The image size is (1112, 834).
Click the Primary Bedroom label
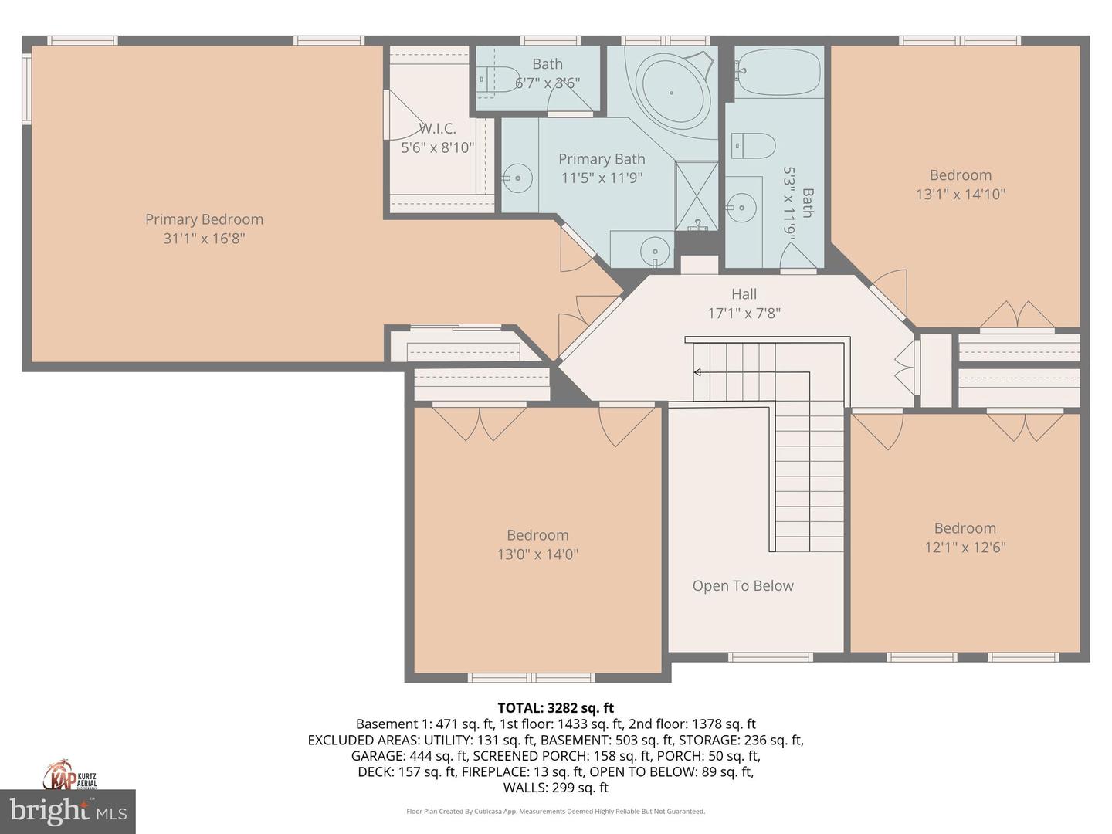pyautogui.click(x=204, y=219)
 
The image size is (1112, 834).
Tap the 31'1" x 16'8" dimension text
pyautogui.click(x=204, y=239)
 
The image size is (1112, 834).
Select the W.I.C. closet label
pyautogui.click(x=437, y=128)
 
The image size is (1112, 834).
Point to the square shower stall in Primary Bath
pyautogui.click(x=697, y=195)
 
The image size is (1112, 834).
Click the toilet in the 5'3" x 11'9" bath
pyautogui.click(x=753, y=144)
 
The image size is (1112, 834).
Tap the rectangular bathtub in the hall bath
pyautogui.click(x=778, y=73)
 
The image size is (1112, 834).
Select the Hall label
pyautogui.click(x=744, y=294)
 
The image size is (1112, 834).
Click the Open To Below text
pyautogui.click(x=742, y=586)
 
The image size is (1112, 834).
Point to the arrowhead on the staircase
pyautogui.click(x=697, y=373)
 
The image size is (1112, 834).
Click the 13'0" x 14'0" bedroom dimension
pyautogui.click(x=537, y=554)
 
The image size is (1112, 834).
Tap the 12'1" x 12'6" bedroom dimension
pyautogui.click(x=965, y=548)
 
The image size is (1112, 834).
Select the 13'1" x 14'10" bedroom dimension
pyautogui.click(x=960, y=195)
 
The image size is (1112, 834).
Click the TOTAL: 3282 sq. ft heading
pyautogui.click(x=555, y=707)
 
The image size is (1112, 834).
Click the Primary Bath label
pyautogui.click(x=602, y=159)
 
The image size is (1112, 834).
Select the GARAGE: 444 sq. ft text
pyautogui.click(x=409, y=756)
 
